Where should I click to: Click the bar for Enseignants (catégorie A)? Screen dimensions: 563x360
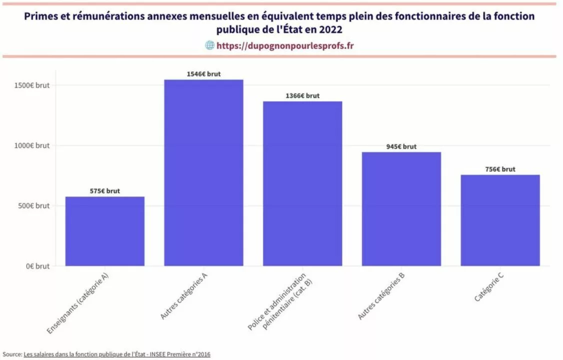pos(105,231)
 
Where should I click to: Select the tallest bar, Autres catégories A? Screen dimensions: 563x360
pos(203,172)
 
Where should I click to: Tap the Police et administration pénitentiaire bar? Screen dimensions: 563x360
pos(302,184)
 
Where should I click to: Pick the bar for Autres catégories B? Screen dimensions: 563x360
pos(401,209)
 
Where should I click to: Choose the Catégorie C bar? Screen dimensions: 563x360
pos(500,220)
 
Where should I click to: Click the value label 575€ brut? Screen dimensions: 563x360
pos(105,191)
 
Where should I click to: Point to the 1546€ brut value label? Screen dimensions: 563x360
pos(203,74)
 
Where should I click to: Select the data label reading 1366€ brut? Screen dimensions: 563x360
pos(302,96)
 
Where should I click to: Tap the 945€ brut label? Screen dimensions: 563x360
pos(401,146)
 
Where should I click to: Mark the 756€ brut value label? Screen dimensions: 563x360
pos(500,169)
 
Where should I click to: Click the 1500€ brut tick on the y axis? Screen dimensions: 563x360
pos(32,85)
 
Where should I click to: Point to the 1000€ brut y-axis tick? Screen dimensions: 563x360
pos(32,145)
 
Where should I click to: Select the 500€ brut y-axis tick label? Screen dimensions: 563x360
pos(34,205)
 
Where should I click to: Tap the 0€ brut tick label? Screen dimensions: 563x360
pos(37,266)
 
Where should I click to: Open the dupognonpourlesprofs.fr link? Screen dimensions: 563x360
pos(285,45)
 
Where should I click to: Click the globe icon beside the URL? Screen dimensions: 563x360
pos(209,45)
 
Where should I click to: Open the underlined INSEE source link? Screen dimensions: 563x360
pos(117,354)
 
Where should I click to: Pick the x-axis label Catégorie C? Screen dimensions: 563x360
pos(489,287)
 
